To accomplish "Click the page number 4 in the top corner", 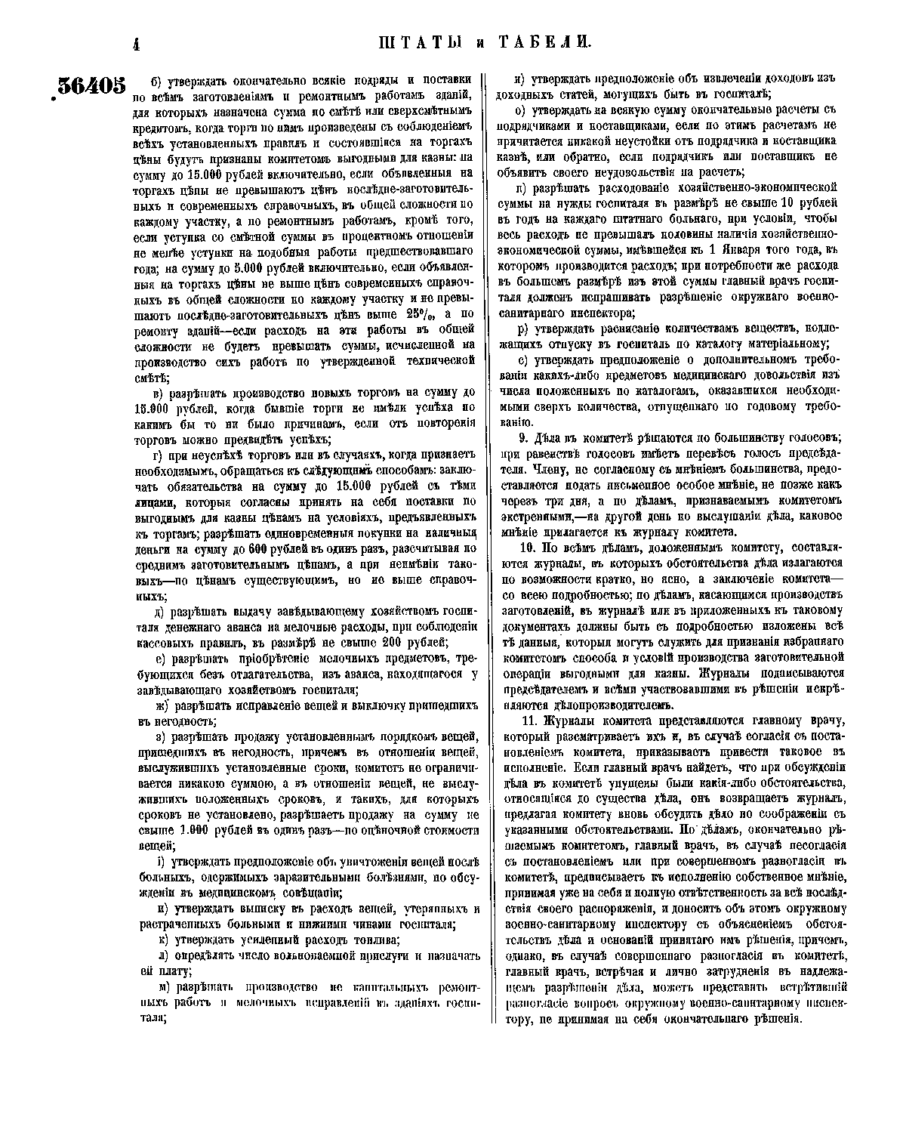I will point(137,45).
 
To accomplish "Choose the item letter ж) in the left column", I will point(162,705).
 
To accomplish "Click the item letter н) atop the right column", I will point(519,79).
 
